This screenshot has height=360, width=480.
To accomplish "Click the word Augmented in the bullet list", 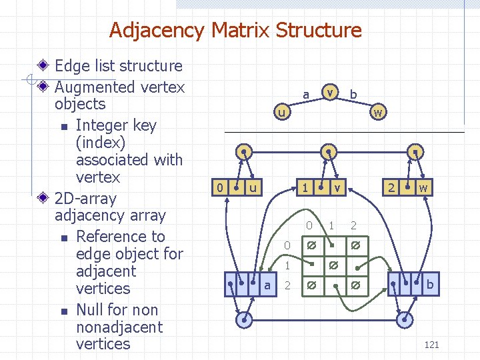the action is click(x=95, y=87).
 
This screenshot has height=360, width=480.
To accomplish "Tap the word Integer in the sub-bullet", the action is click(x=102, y=125).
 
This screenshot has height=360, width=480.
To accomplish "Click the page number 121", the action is click(x=431, y=345).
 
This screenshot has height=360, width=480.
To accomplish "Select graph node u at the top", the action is click(x=282, y=113).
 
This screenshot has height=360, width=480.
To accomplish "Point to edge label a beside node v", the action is click(x=306, y=95).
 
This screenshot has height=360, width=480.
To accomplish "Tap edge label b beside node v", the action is click(x=353, y=95).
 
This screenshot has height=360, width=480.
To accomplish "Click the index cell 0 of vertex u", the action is click(x=220, y=188).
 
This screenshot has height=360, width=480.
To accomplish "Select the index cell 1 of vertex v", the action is click(x=304, y=188).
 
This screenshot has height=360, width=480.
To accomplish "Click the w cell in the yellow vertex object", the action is click(x=423, y=188).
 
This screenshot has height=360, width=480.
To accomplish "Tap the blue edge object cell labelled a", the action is click(x=267, y=285).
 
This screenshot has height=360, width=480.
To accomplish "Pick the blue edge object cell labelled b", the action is click(x=429, y=285).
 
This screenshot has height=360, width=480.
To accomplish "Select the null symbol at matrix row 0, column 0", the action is click(x=311, y=245).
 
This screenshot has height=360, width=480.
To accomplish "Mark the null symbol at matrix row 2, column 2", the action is click(x=356, y=285).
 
